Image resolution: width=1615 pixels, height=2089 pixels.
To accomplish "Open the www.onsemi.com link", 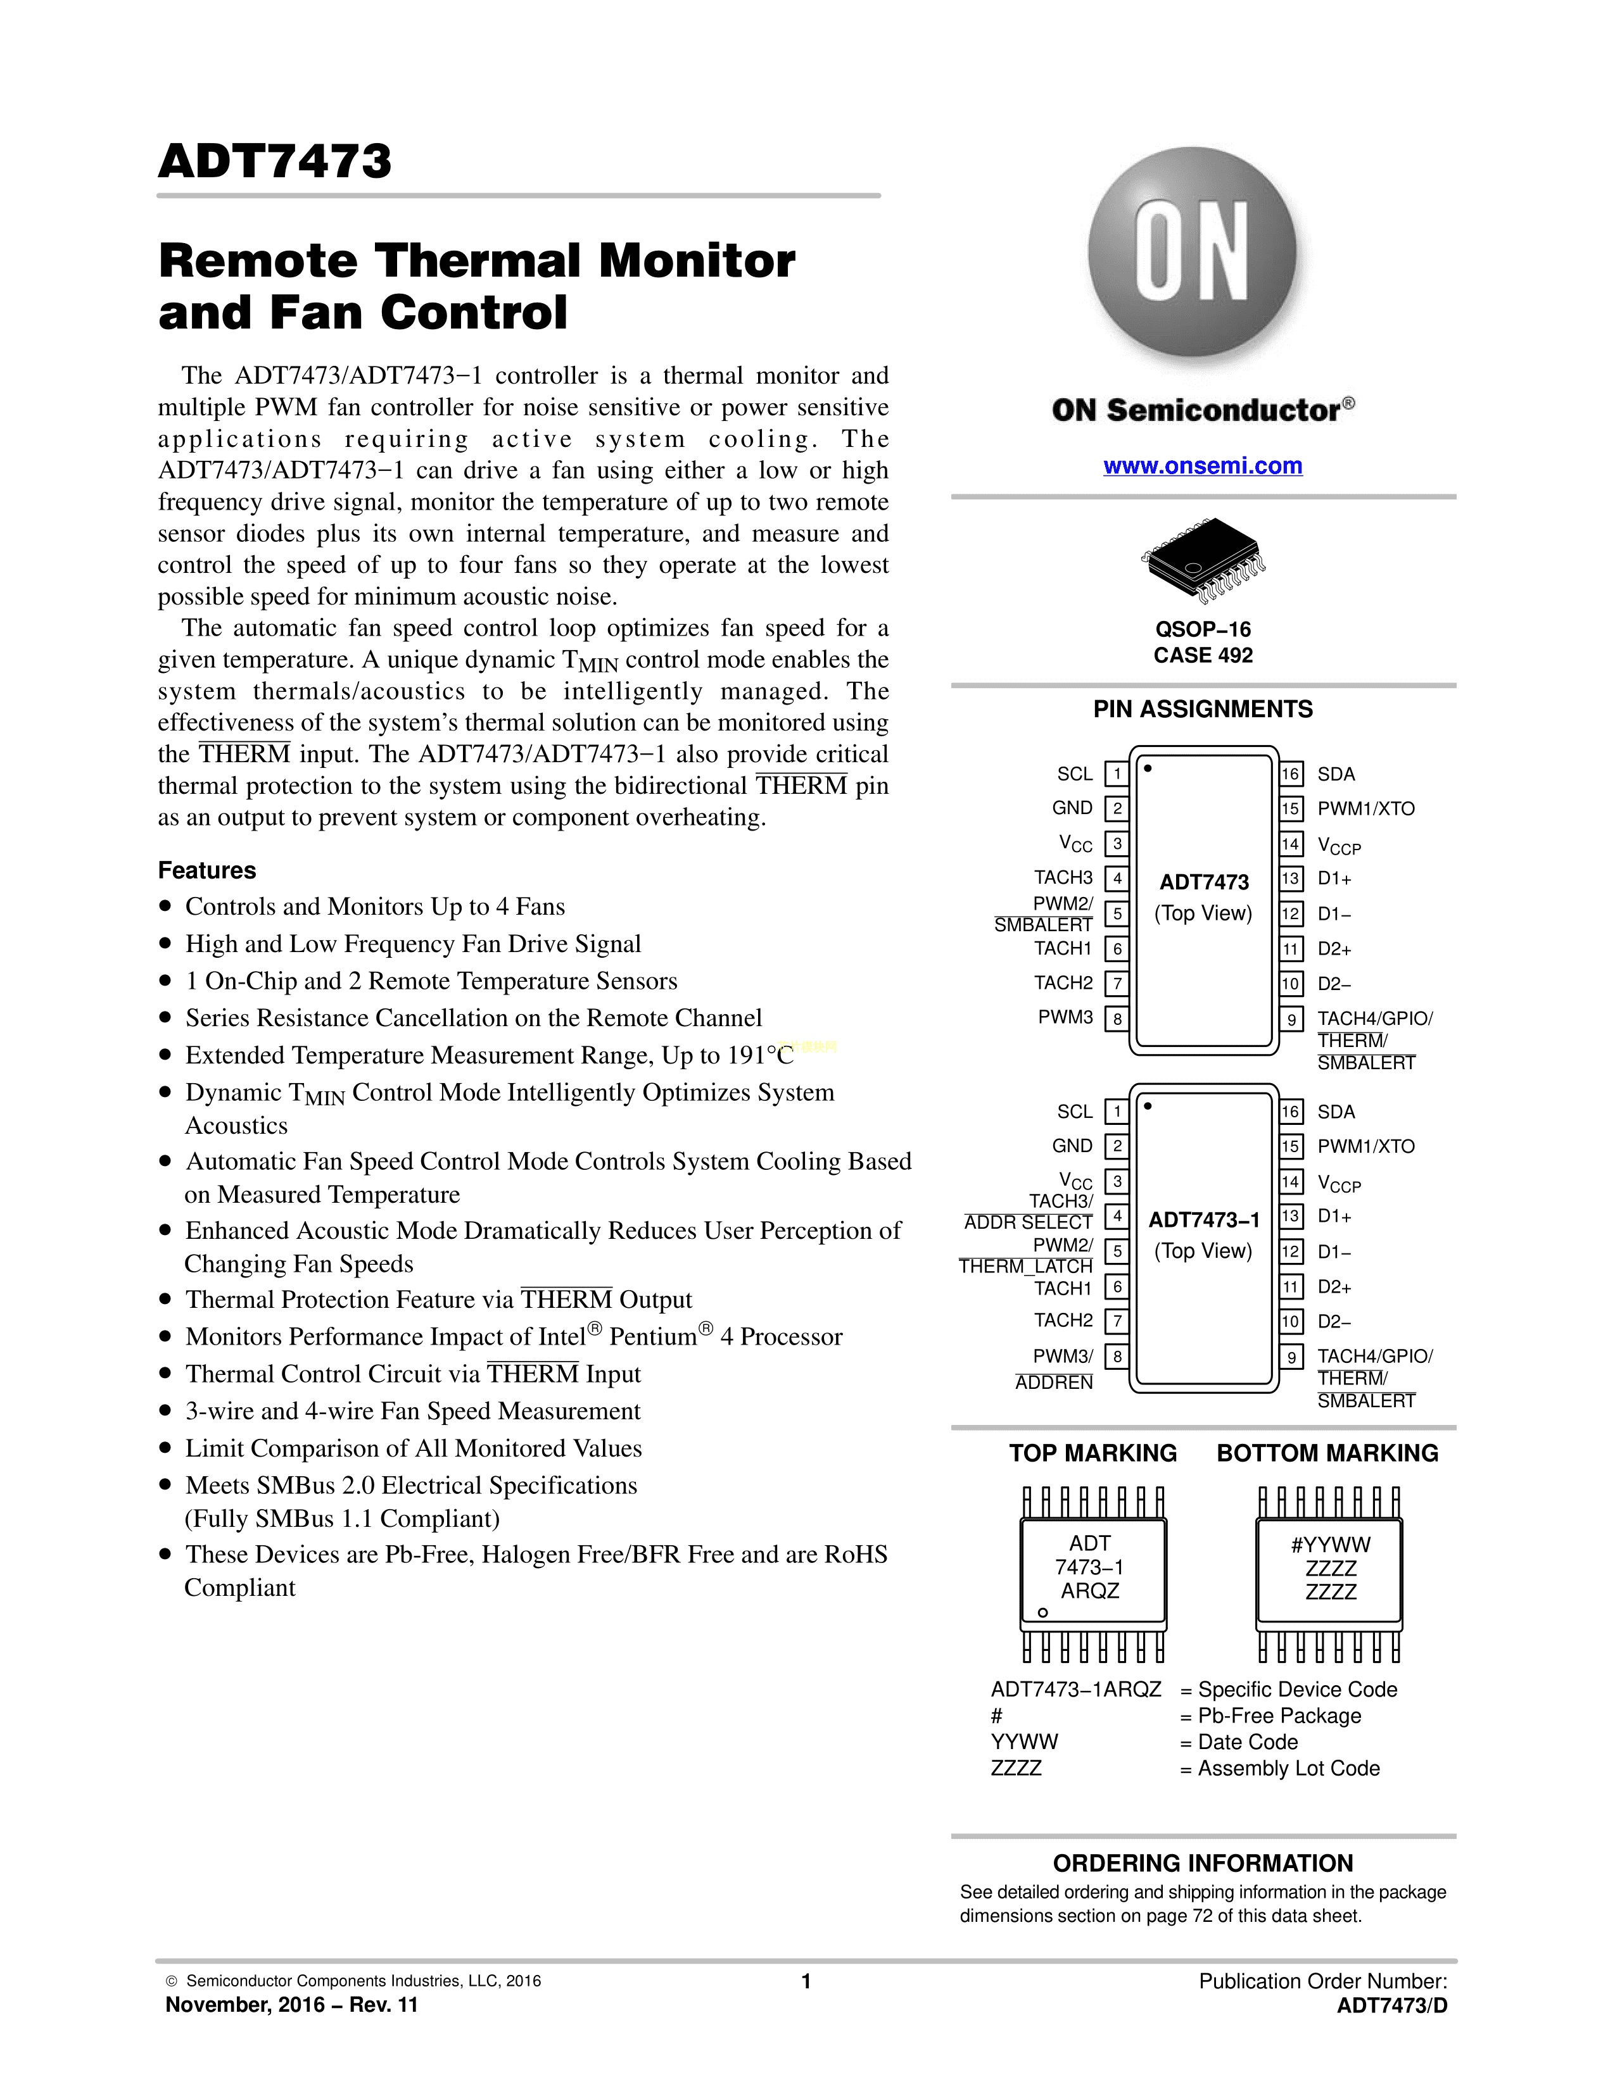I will coord(1203,466).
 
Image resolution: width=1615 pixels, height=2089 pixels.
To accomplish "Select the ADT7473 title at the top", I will coord(275,161).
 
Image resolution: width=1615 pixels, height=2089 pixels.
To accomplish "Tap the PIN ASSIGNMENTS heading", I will coord(1203,709).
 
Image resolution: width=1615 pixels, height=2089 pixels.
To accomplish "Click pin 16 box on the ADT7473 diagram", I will coord(1291,774).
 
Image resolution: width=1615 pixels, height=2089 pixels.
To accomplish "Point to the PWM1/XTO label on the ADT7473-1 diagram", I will coord(1365,1146).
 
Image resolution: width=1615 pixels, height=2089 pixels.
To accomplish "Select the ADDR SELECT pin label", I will coord(1029,1222).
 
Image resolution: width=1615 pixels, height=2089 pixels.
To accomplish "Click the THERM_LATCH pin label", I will coord(1025,1267).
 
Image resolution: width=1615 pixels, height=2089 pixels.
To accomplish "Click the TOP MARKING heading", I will coord(1092,1453).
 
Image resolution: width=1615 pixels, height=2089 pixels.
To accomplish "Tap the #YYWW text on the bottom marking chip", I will coord(1330,1545).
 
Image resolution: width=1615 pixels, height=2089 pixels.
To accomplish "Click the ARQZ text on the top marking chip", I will coord(1090,1591).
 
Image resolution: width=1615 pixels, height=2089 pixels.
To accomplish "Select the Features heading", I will coord(206,870).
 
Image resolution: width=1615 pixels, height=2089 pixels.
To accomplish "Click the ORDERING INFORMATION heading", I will coord(1203,1863).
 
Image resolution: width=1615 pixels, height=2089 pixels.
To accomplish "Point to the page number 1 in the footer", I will coord(806,1981).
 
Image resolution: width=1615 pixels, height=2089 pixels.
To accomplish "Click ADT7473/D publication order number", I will coord(1392,2006).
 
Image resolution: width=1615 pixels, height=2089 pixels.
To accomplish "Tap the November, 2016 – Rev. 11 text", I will coord(292,2005).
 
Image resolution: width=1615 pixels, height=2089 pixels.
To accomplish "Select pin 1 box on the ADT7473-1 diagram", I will coord(1117,1112).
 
